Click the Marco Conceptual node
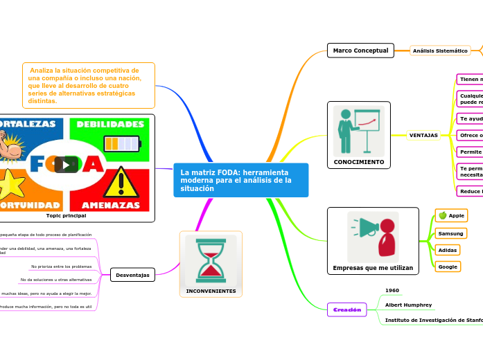(x=360, y=51)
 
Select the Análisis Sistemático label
(x=440, y=51)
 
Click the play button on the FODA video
(x=66, y=165)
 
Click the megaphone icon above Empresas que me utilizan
(x=373, y=236)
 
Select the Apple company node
(x=451, y=215)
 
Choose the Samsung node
(x=450, y=233)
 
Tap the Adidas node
(x=448, y=250)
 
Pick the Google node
(x=448, y=267)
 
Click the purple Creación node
(x=346, y=310)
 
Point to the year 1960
(x=392, y=290)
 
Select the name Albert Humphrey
(x=408, y=305)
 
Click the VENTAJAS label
(x=423, y=135)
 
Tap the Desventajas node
(x=132, y=275)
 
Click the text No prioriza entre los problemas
(x=62, y=266)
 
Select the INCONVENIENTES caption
(x=211, y=291)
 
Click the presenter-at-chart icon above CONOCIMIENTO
(x=358, y=129)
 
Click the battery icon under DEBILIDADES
(x=121, y=143)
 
